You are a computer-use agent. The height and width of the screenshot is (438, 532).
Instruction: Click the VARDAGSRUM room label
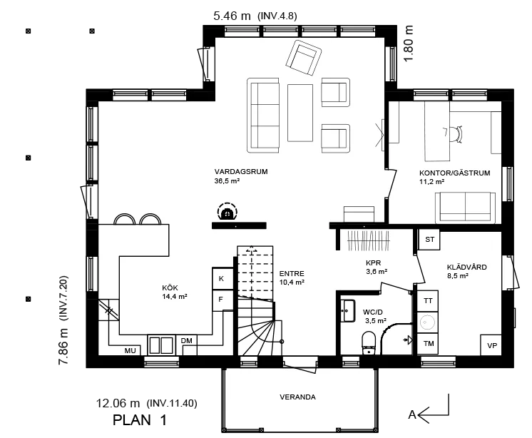coord(241,172)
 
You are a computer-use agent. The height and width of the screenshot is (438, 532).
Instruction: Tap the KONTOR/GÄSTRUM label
coord(455,173)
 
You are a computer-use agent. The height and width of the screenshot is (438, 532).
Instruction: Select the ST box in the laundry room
coord(429,239)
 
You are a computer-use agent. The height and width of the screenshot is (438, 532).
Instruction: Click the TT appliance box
coord(428,301)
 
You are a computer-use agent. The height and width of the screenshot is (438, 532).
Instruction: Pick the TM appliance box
coord(428,344)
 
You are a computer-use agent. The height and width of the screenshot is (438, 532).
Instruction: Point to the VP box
coord(491,345)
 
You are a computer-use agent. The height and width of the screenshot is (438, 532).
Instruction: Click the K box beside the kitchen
coord(222,278)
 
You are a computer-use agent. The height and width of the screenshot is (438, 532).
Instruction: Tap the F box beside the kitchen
coord(222,300)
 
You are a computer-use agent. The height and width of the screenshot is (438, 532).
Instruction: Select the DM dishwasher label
coord(187,341)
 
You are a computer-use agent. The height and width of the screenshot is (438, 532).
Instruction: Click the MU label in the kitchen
coord(130,351)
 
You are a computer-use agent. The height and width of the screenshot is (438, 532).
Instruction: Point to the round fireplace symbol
coord(227,212)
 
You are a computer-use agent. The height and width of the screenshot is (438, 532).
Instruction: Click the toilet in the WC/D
coord(369,342)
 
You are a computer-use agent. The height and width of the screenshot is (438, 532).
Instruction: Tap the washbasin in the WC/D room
coord(348,310)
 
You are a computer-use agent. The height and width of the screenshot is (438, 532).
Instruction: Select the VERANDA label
coord(297,397)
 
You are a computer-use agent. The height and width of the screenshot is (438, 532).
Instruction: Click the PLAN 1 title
coord(140,420)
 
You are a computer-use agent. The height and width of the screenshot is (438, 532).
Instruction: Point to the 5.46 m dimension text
coord(232,16)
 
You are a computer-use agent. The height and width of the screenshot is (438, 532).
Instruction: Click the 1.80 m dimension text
coord(409,44)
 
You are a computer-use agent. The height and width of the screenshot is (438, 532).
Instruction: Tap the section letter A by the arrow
coord(412,414)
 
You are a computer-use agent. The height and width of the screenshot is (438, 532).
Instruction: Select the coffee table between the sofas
coord(300,113)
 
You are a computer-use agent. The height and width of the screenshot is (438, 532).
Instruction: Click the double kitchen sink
coord(161,345)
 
